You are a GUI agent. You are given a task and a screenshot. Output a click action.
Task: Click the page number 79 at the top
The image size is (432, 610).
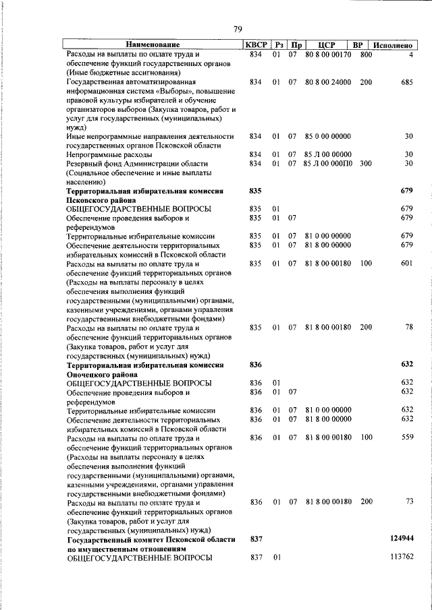[x=238, y=28]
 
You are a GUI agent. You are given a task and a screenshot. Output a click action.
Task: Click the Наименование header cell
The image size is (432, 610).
[x=152, y=44]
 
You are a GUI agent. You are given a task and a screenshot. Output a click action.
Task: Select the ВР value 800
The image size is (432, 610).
[x=366, y=54]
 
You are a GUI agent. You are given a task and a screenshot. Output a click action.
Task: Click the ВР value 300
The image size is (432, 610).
[x=366, y=163]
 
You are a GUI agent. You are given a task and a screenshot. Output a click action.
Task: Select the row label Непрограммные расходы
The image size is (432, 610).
[x=109, y=154]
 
